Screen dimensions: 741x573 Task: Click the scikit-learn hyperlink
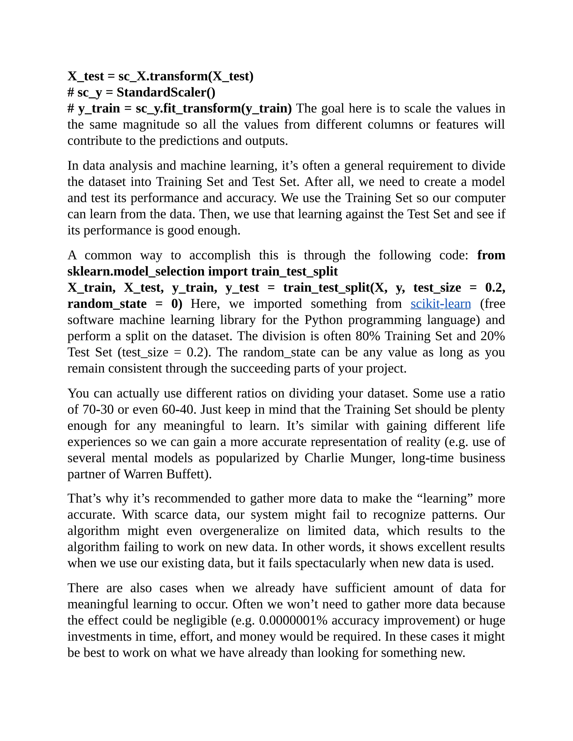[440, 304]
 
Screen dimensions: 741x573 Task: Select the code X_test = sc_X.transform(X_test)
[160, 76]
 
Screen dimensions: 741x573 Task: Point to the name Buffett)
[189, 474]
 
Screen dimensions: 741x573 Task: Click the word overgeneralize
[239, 531]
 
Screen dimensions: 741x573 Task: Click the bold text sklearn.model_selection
[136, 272]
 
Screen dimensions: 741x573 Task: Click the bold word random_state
[107, 304]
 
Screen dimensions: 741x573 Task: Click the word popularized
[247, 458]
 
